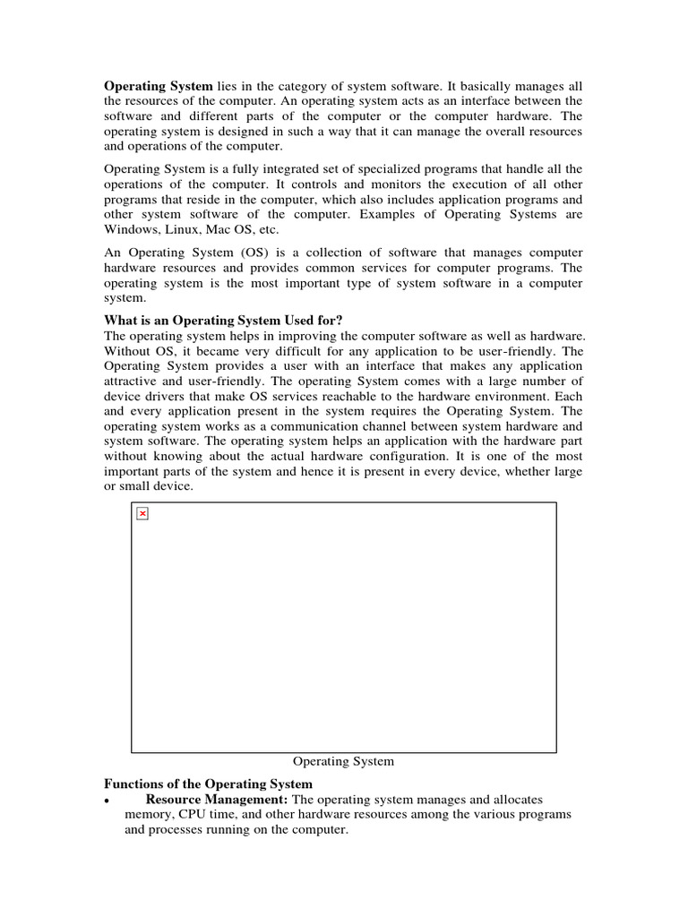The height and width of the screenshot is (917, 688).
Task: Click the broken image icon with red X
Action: [x=142, y=513]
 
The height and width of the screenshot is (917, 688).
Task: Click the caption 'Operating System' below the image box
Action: [x=343, y=761]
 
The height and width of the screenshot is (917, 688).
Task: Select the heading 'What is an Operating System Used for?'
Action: [x=224, y=320]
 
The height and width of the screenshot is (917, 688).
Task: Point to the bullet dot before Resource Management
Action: [x=107, y=801]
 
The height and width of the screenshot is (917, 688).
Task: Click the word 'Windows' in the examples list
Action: [x=130, y=230]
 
